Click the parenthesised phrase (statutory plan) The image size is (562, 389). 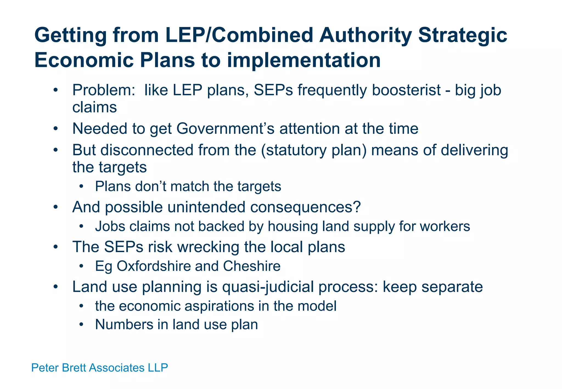(x=314, y=150)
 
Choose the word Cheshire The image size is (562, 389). (x=252, y=266)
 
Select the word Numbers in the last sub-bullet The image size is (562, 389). (x=124, y=325)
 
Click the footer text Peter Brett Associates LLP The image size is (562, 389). (x=99, y=368)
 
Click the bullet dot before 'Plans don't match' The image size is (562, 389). (x=81, y=187)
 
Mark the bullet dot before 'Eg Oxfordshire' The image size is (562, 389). (x=81, y=266)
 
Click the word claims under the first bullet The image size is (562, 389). (x=94, y=107)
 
